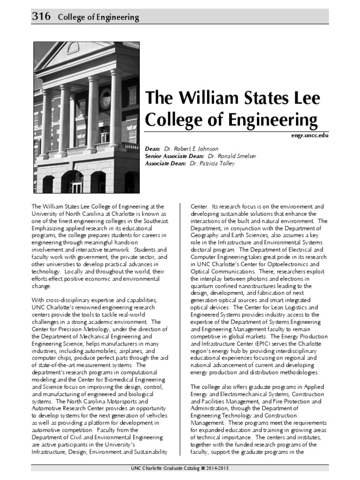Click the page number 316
41,17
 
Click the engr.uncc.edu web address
310,135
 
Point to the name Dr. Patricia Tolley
212,164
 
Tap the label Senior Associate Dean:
174,156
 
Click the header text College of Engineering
98,17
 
